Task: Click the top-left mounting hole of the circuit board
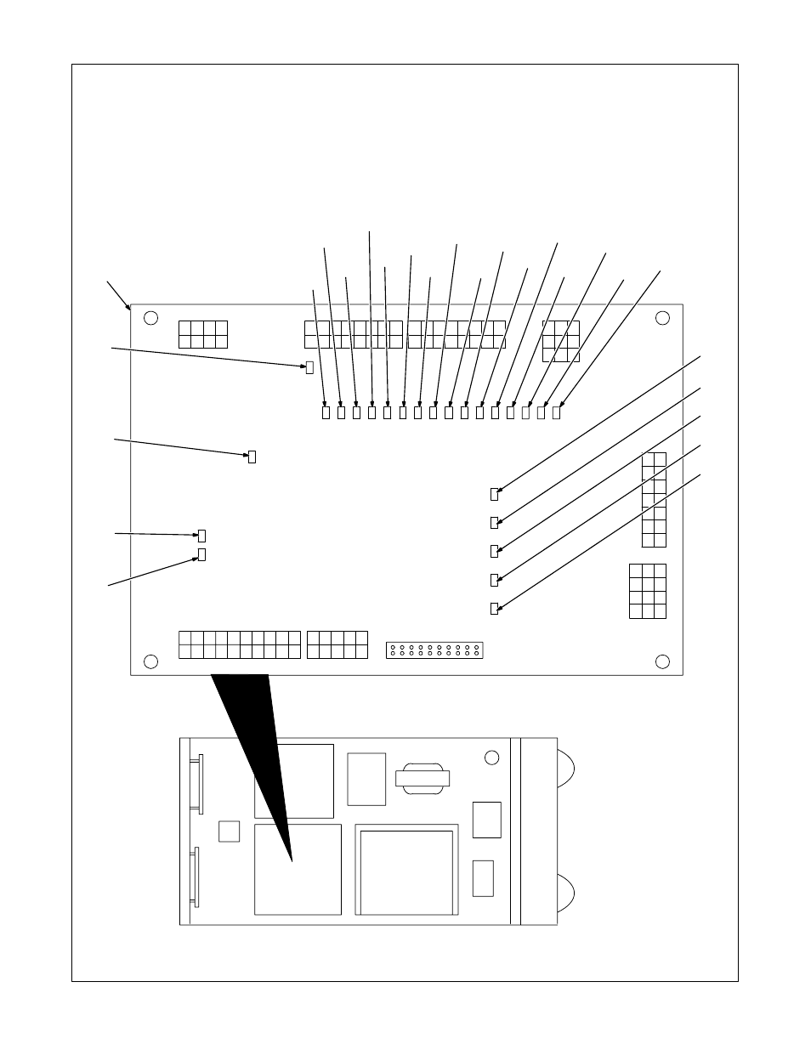pos(150,318)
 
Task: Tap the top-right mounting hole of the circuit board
pos(662,318)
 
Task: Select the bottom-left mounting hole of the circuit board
pos(150,661)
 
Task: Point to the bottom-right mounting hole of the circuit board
pos(662,661)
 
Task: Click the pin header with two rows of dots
pos(434,651)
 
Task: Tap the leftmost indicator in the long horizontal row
pos(326,412)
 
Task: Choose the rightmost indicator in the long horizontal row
pos(557,412)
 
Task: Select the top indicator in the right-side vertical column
pos(495,494)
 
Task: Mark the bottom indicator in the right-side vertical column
pos(495,609)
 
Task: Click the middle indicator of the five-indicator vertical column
pos(495,551)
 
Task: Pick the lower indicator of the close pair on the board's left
pos(201,555)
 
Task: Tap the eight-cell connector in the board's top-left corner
pos(203,334)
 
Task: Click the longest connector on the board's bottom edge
pos(240,644)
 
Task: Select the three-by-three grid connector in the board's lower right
pos(648,591)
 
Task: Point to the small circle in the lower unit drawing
pos(491,758)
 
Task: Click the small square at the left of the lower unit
pos(229,831)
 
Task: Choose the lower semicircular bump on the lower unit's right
pos(565,893)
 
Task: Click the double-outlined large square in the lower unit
pos(406,869)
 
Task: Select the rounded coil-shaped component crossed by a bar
pos(423,778)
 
